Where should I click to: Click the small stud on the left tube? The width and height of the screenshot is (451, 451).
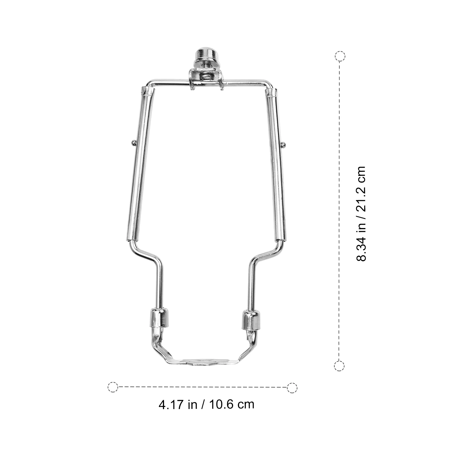point(133,143)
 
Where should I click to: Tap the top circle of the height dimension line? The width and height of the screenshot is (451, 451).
point(340,56)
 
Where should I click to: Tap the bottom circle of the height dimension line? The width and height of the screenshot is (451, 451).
point(339,366)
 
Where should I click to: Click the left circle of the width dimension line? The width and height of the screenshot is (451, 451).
point(113,387)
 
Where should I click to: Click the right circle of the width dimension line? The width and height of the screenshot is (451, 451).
point(292,388)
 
